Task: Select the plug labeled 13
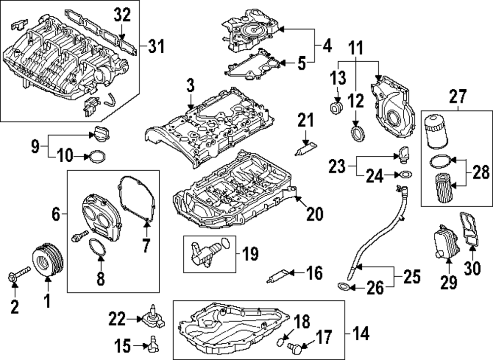[x=337, y=108]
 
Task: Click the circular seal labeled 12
[x=357, y=133]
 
